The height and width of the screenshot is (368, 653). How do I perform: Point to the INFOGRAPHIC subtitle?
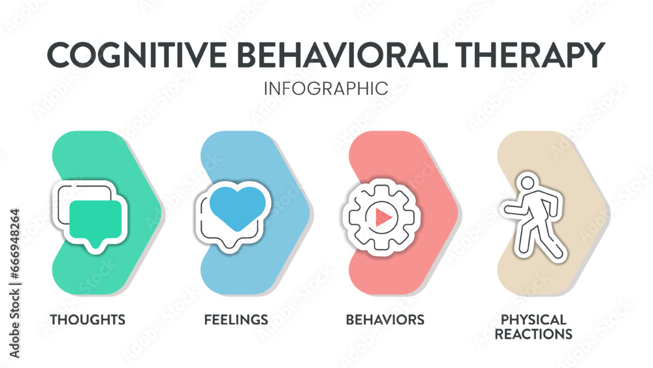point(326,88)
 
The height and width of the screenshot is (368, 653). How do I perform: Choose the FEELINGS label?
point(236,320)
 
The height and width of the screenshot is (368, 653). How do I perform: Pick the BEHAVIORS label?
point(385,320)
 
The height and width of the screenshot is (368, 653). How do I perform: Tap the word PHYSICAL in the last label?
point(534,320)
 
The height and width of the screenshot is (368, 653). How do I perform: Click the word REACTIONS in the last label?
point(534,334)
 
